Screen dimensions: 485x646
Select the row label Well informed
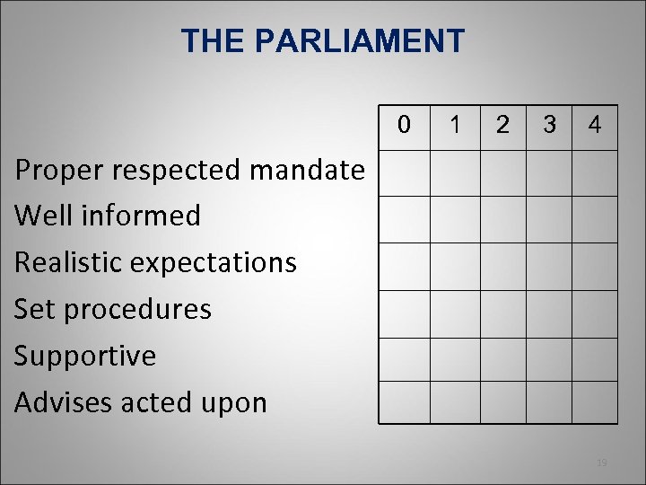pyautogui.click(x=108, y=216)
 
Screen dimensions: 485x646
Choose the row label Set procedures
pyautogui.click(x=113, y=309)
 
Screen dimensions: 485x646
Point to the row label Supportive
pyautogui.click(x=85, y=356)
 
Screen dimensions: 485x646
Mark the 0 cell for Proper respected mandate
pyautogui.click(x=405, y=172)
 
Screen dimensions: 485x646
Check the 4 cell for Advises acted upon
pyautogui.click(x=595, y=402)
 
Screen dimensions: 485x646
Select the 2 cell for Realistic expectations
pyautogui.click(x=503, y=266)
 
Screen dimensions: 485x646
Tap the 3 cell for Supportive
pyautogui.click(x=549, y=359)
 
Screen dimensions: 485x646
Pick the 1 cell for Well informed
pyautogui.click(x=456, y=219)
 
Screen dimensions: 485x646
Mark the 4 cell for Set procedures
pyautogui.click(x=595, y=313)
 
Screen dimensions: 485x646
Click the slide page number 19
pyautogui.click(x=602, y=463)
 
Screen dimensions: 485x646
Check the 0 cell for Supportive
pyautogui.click(x=405, y=359)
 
